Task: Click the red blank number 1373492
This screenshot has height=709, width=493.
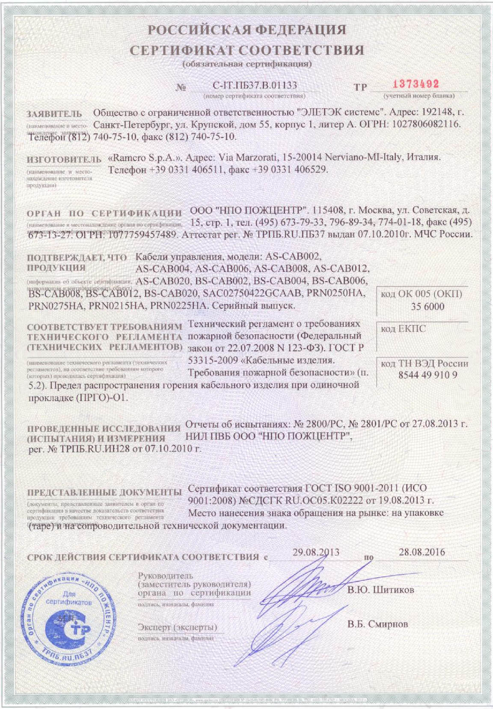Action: click(416, 84)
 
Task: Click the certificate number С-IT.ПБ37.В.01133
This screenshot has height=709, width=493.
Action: click(255, 86)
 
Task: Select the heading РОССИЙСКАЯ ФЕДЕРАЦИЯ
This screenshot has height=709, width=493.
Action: click(247, 30)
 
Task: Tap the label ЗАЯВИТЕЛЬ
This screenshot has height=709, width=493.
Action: click(54, 114)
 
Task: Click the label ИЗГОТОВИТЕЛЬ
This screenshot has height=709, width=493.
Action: click(64, 160)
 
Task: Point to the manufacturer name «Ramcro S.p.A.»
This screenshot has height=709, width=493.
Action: click(146, 157)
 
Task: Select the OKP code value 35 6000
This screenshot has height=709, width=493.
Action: click(427, 307)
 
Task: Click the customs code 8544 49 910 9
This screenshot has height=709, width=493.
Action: click(428, 375)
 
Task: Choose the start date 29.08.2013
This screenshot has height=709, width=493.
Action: click(316, 552)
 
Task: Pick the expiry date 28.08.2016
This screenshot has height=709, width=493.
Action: click(422, 552)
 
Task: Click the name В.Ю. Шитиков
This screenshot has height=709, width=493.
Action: click(380, 590)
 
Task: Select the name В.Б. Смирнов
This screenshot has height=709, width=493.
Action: click(377, 624)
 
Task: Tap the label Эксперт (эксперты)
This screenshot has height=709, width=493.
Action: click(177, 627)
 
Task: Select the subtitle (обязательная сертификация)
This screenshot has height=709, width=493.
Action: click(247, 64)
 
